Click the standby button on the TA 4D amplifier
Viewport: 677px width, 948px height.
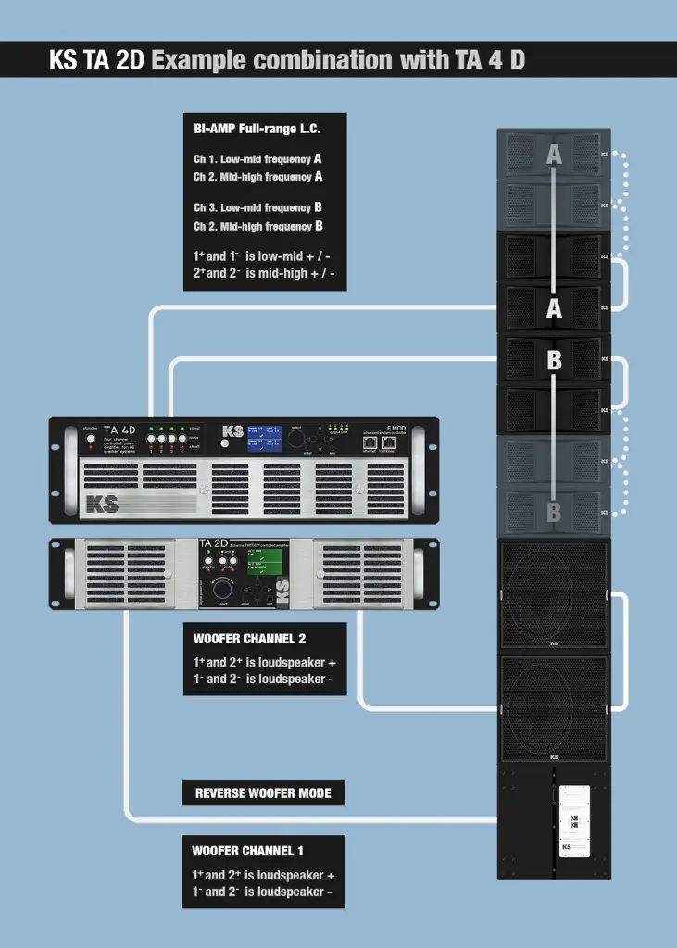pos(90,441)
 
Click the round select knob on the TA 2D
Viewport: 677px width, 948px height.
pos(223,590)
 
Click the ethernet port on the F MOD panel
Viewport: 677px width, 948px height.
pos(370,443)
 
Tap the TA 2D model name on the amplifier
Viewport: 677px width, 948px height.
pos(214,544)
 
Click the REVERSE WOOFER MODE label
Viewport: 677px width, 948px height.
pos(262,793)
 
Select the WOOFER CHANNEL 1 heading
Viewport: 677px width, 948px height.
pos(247,851)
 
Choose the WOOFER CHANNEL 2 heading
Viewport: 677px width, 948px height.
pos(249,639)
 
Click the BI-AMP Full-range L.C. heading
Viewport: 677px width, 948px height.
pos(257,129)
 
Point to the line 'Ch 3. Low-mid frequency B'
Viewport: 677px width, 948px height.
pos(257,208)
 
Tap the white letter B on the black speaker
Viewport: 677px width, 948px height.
pos(553,360)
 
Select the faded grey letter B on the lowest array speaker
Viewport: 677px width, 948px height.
pos(553,510)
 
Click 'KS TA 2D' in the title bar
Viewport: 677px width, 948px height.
pos(98,61)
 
